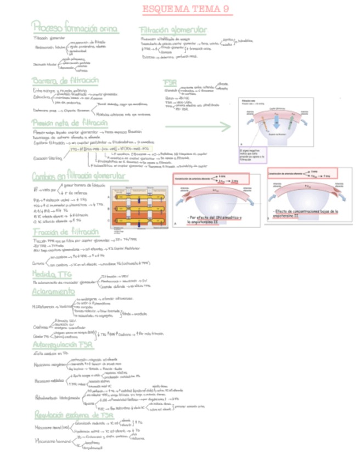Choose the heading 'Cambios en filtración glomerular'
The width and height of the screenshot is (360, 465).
[79, 176]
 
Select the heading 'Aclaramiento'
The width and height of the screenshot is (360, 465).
[55, 292]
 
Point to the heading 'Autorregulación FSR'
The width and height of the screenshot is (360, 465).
[63, 346]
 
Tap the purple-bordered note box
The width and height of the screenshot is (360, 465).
[253, 155]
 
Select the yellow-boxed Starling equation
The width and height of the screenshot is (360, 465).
[108, 149]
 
